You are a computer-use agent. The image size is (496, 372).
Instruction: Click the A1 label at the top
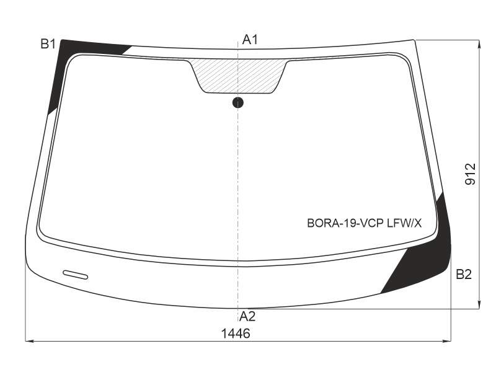coord(250,40)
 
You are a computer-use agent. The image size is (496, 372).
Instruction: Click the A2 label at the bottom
coord(247,316)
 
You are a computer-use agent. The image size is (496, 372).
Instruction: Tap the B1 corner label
coord(48,44)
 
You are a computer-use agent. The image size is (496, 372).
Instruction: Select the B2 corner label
coord(464,274)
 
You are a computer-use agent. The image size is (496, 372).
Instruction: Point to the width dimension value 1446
coord(236,334)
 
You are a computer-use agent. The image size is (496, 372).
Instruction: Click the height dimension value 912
coord(471,174)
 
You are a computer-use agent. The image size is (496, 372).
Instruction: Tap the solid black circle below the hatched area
coord(238,102)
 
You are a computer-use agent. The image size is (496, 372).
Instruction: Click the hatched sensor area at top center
coord(238,76)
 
